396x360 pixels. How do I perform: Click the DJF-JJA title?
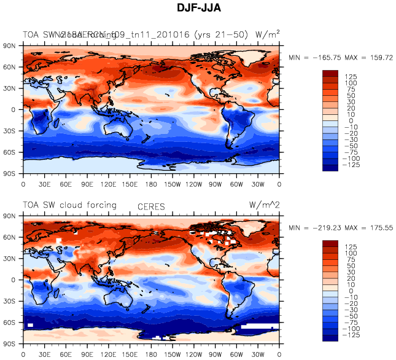coord(198,9)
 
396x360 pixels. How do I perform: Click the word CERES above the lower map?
coord(151,207)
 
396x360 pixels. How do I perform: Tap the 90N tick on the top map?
coord(9,45)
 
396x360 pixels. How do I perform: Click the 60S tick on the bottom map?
coord(9,322)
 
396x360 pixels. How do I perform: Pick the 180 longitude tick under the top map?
coord(151,183)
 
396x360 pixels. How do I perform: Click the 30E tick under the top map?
coord(44,183)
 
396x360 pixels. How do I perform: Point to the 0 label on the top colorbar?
coord(351,120)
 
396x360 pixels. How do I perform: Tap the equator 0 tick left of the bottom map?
coord(13,280)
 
